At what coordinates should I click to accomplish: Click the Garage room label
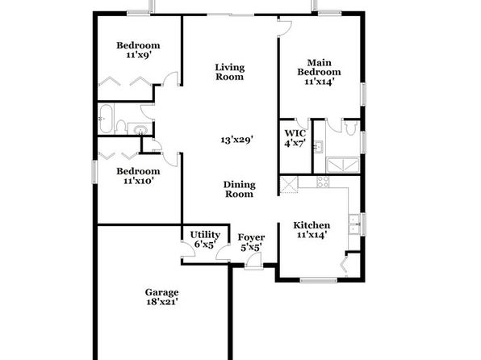point(161,292)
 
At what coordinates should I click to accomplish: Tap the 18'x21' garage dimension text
point(162,302)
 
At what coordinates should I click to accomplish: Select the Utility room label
point(205,235)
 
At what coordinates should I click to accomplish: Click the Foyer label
point(251,237)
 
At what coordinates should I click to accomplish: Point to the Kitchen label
point(312,225)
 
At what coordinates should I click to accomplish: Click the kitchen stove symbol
point(323,182)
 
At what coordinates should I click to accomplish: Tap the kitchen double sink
point(354,224)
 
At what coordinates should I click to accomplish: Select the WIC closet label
point(295,133)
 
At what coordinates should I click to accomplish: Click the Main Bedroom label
point(319,67)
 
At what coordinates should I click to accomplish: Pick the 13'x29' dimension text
point(236,140)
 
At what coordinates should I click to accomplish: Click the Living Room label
point(229,72)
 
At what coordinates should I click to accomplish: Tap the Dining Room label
point(239,189)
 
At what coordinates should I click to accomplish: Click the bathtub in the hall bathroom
point(107,119)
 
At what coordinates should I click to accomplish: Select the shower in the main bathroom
point(343,165)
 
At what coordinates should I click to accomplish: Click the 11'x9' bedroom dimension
point(139,55)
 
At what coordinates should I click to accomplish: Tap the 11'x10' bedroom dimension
point(138,181)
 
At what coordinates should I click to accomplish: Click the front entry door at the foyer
point(253,262)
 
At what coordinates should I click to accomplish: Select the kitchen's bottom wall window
point(319,280)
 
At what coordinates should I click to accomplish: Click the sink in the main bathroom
point(318,146)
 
